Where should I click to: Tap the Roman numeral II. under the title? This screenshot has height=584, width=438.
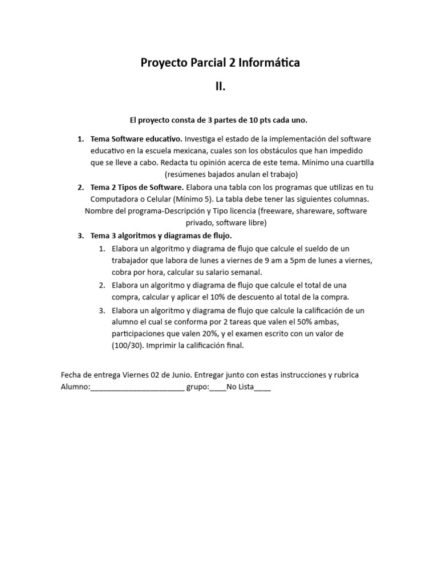(220, 87)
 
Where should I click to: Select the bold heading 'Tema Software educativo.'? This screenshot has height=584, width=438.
(136, 139)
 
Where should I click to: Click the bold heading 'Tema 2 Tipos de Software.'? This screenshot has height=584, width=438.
(137, 187)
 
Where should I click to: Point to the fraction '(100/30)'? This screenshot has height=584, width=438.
(128, 346)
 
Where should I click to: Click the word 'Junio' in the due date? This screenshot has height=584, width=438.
(180, 375)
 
